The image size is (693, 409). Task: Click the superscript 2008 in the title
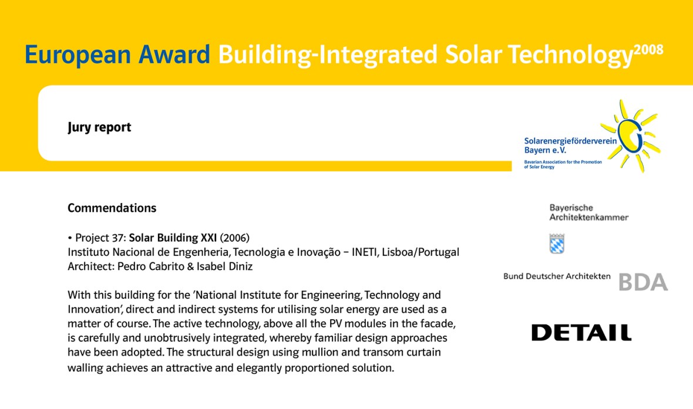tap(648, 49)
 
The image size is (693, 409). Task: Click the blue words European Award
tap(117, 55)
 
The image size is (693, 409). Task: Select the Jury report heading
tap(99, 127)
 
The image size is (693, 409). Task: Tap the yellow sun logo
tap(634, 135)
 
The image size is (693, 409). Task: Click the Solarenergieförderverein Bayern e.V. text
tap(570, 146)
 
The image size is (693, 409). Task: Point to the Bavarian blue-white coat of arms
tap(557, 244)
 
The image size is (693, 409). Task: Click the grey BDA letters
tap(643, 282)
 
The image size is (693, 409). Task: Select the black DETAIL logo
tap(581, 333)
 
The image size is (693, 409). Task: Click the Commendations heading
tap(112, 208)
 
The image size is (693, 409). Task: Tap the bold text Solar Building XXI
tap(173, 238)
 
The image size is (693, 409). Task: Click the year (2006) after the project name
tap(235, 238)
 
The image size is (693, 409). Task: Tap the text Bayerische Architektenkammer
tap(588, 212)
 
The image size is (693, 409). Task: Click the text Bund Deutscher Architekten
tap(557, 276)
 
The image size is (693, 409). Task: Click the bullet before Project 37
tap(70, 238)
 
